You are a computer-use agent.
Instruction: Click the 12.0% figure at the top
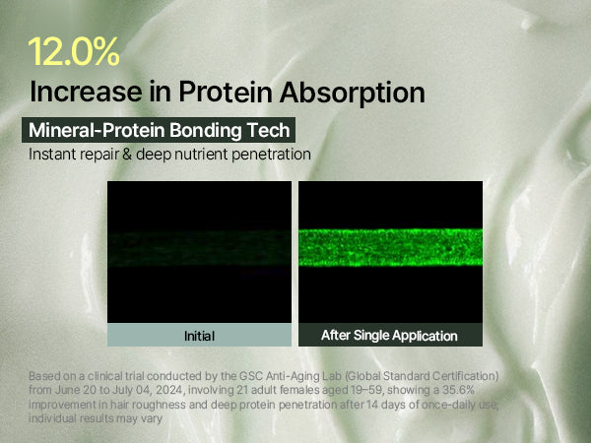click(x=74, y=52)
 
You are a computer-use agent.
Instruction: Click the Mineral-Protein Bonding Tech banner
click(x=159, y=130)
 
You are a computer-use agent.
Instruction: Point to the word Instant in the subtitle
click(x=53, y=155)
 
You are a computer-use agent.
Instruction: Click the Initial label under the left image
click(x=199, y=336)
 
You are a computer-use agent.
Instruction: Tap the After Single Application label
click(x=389, y=336)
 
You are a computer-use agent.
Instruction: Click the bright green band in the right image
click(x=390, y=247)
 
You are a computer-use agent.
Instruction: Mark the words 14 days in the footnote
click(x=391, y=405)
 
